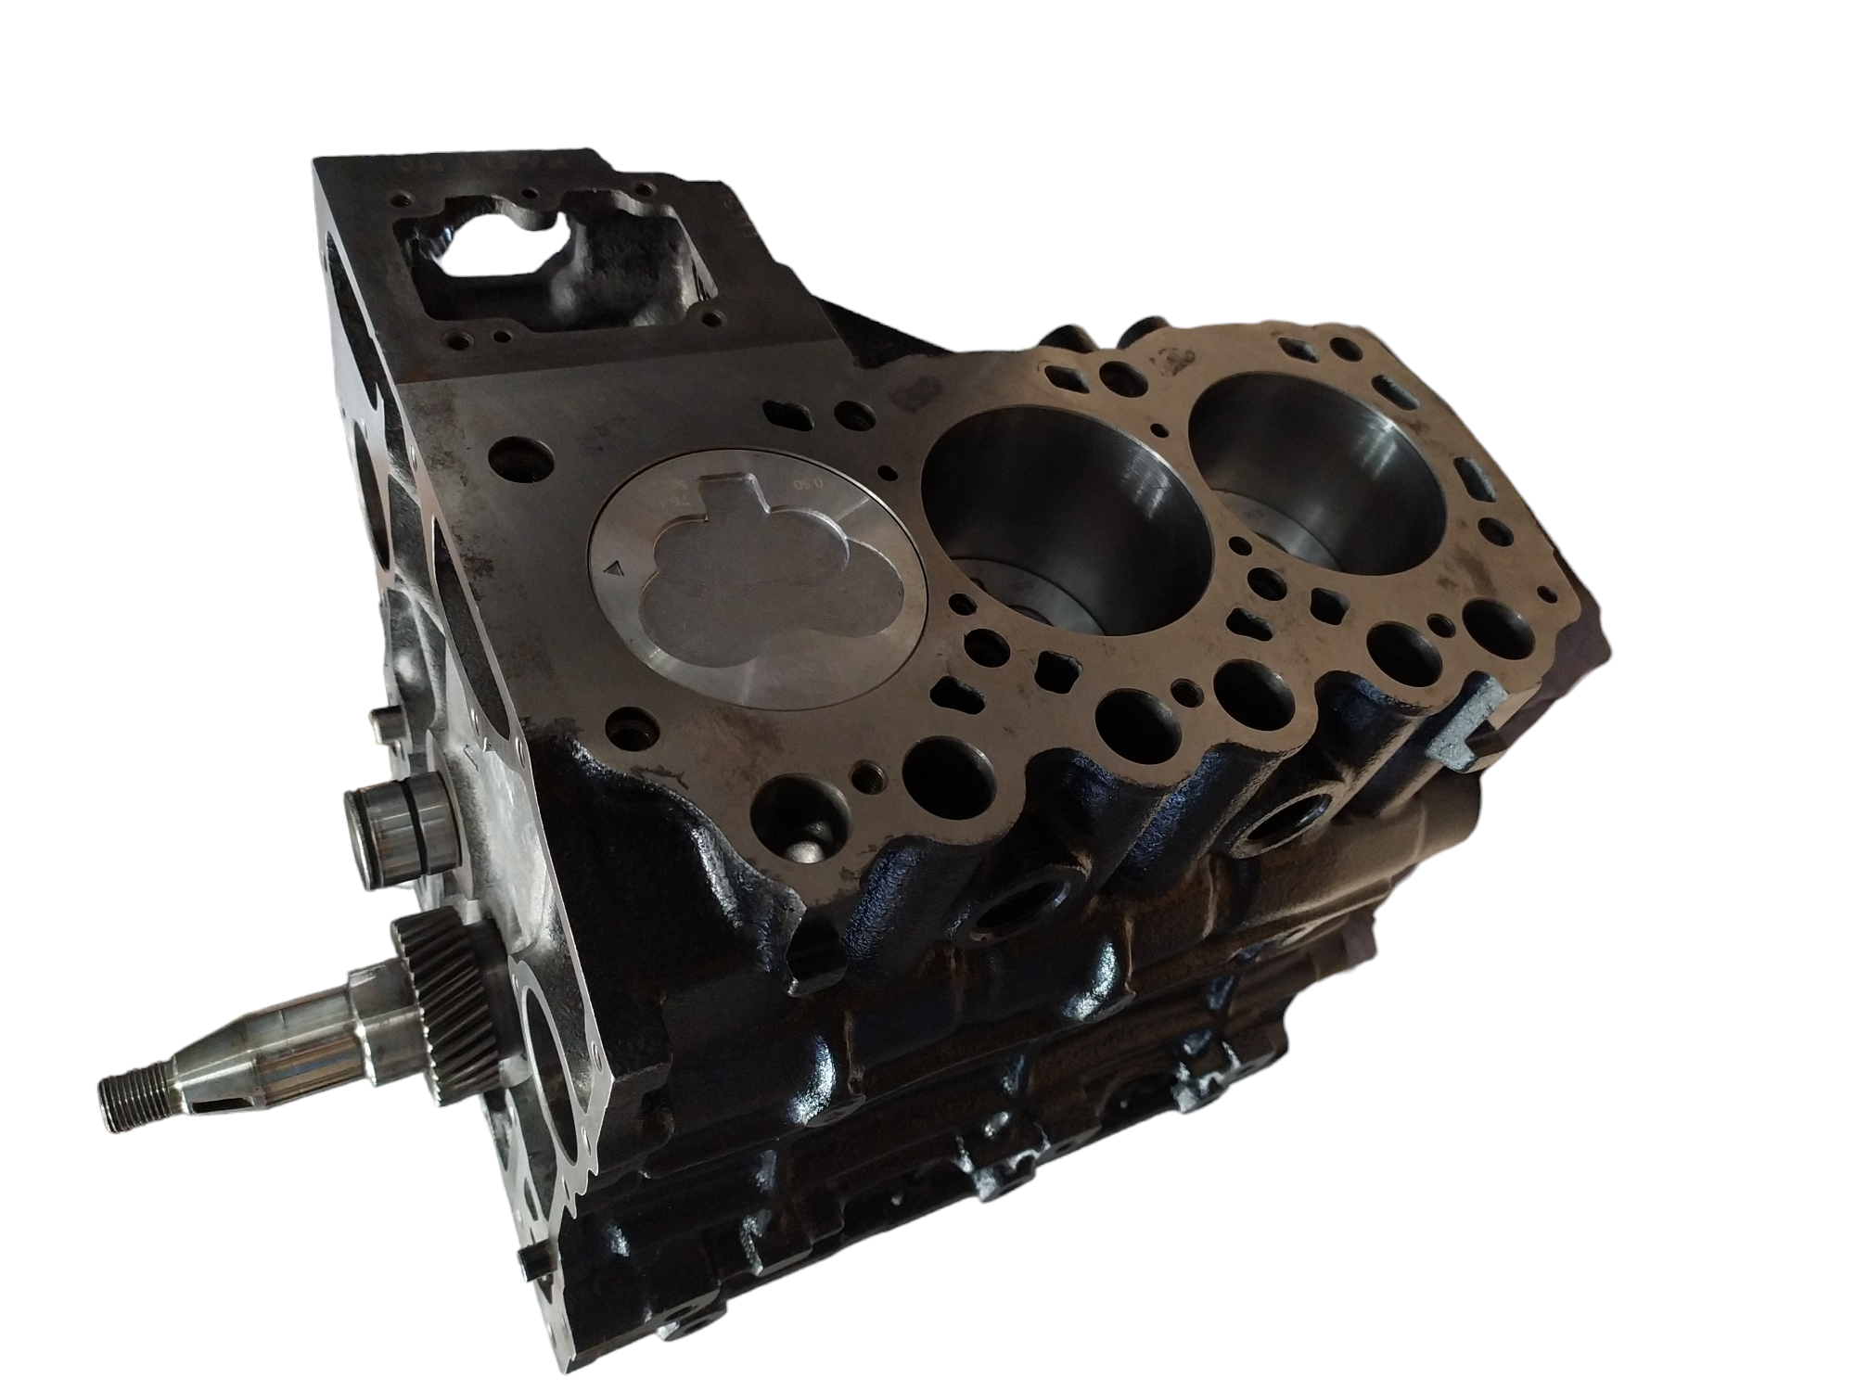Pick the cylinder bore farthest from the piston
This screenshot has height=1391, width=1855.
tap(1317, 464)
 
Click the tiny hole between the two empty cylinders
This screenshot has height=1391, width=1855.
tap(1159, 429)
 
